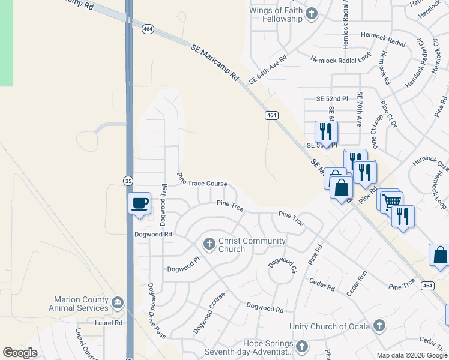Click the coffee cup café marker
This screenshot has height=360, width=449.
click(139, 203)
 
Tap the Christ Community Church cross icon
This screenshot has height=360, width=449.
click(209, 244)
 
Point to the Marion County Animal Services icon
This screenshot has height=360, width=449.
click(118, 301)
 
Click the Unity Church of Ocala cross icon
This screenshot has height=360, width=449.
click(378, 326)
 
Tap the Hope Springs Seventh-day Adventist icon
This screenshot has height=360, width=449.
click(301, 346)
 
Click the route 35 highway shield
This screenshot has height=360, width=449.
click(128, 180)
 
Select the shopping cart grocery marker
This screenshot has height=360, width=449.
click(391, 202)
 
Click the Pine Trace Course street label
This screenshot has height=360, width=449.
click(202, 180)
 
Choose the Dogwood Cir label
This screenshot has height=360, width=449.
click(283, 266)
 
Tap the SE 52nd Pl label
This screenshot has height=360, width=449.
click(332, 98)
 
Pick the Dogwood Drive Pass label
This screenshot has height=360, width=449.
click(156, 310)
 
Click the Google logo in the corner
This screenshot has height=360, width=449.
click(20, 352)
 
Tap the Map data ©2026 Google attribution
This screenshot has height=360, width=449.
click(411, 355)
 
